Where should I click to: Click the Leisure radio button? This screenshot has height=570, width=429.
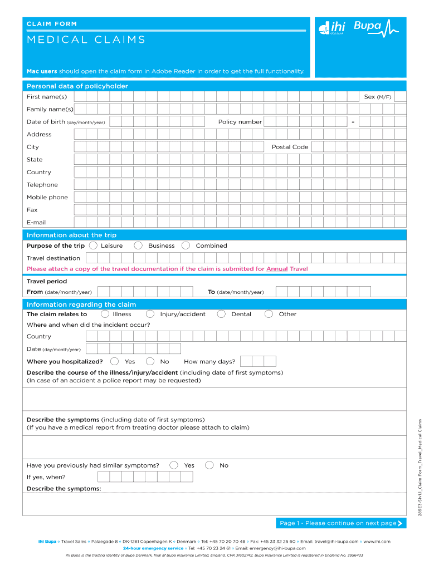[94, 245]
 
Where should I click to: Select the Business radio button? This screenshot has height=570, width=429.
[138, 245]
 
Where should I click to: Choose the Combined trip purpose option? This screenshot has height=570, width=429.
[186, 245]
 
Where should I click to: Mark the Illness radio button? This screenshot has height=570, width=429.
[105, 314]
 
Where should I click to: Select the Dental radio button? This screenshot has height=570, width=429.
[221, 314]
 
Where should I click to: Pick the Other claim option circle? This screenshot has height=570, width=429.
[269, 314]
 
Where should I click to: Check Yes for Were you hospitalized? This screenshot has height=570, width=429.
[115, 361]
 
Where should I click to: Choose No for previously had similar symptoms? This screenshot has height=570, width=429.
[209, 465]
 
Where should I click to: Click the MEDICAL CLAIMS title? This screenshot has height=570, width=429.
[86, 40]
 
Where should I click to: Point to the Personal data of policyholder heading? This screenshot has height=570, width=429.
[77, 86]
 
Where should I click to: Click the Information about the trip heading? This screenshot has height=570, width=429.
[71, 235]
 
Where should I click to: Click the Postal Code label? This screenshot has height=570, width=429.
[290, 147]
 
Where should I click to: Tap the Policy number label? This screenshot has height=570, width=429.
[240, 122]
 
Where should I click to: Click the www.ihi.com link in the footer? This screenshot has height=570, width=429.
[377, 541]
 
